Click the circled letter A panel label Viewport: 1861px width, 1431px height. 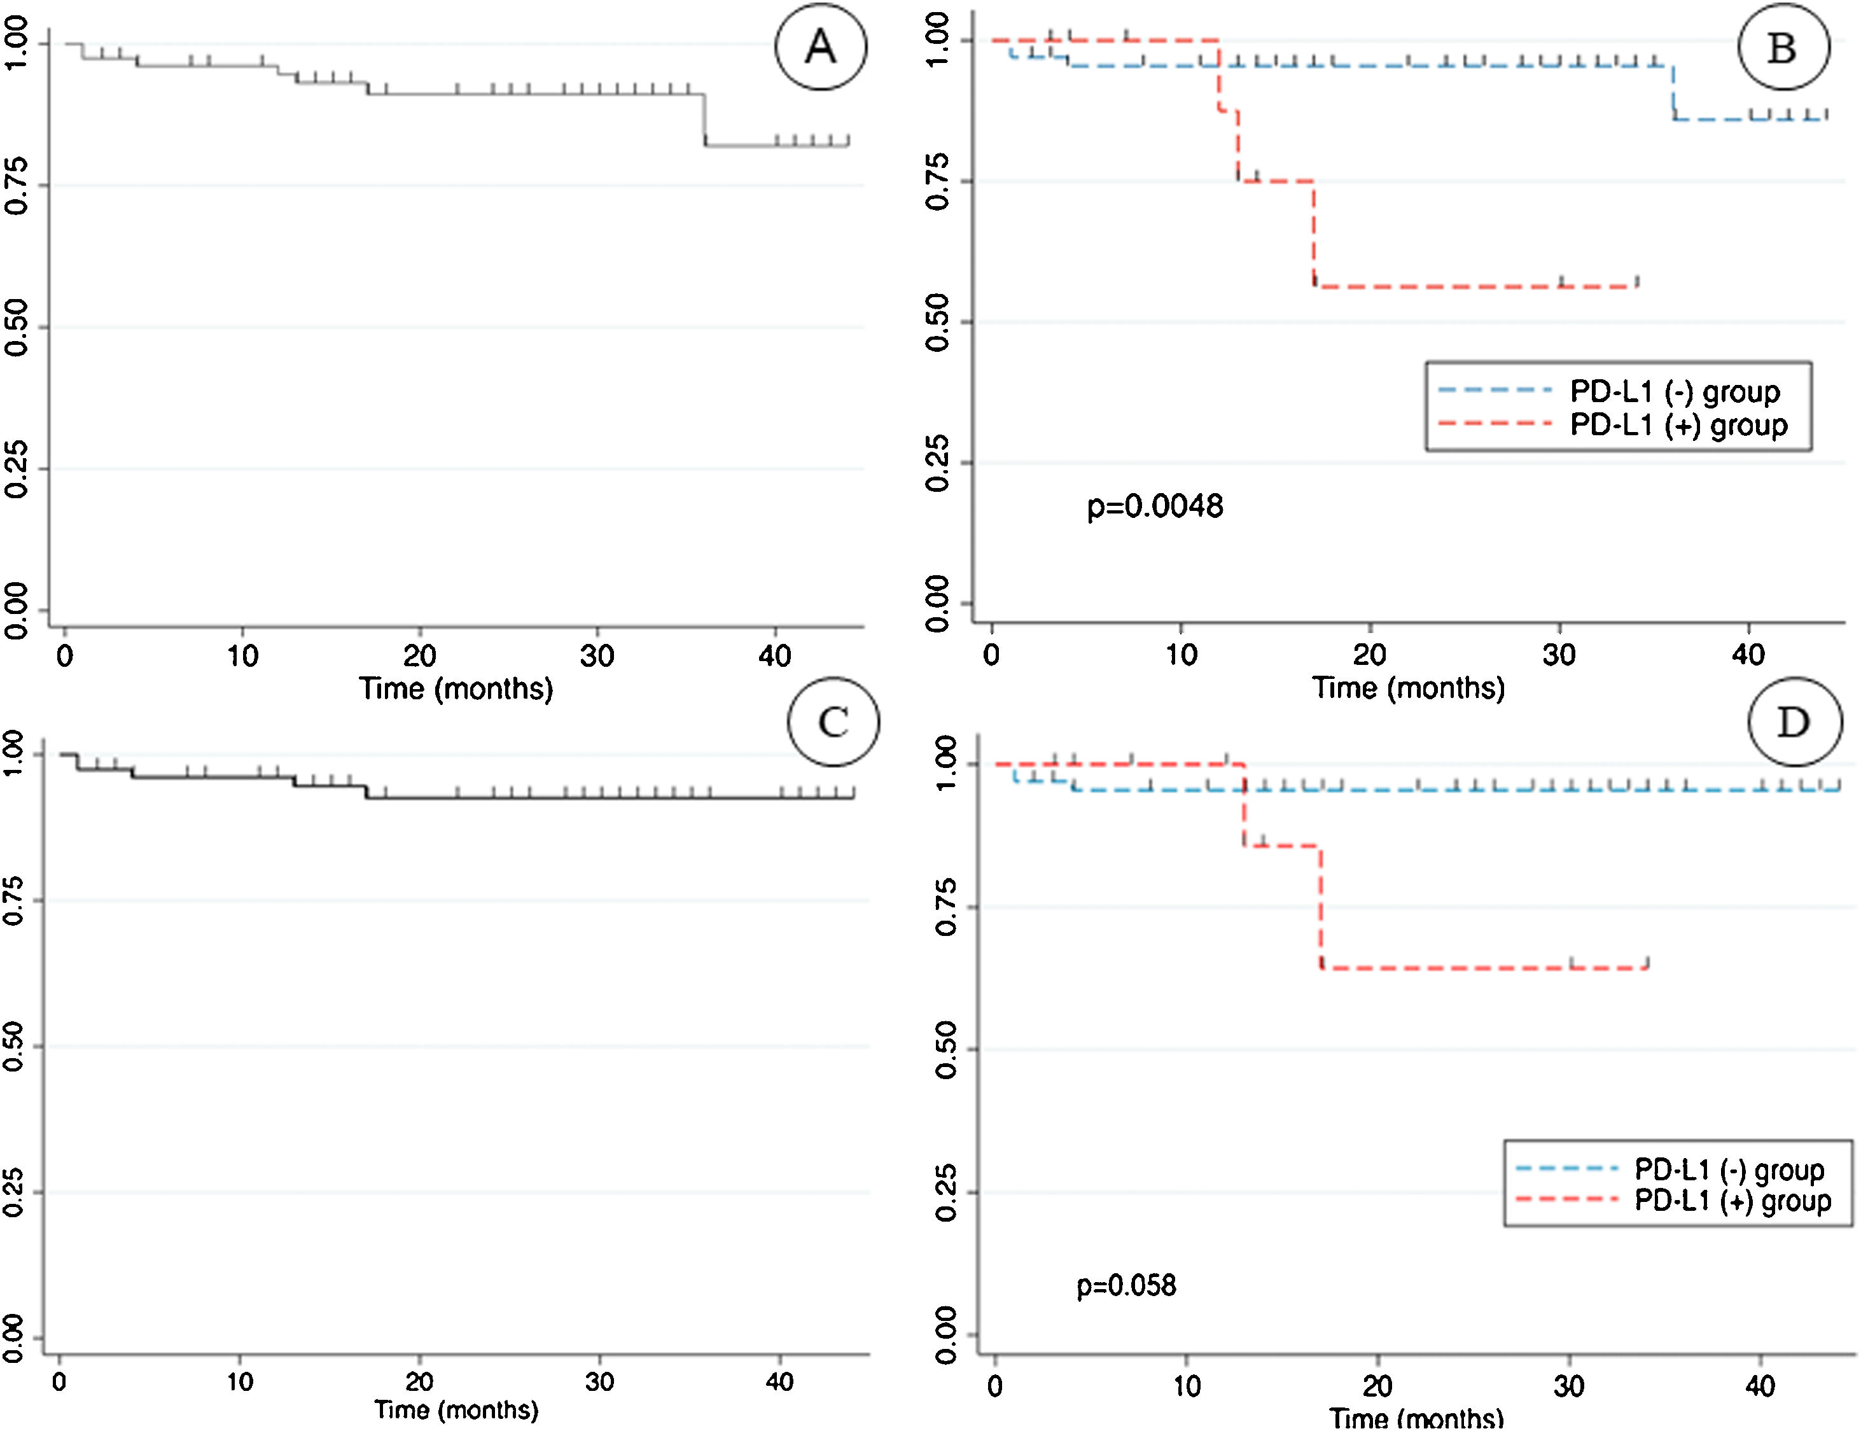click(820, 47)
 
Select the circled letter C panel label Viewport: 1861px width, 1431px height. click(832, 722)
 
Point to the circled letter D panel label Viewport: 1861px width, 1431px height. click(1793, 722)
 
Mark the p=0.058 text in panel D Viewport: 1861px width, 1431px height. click(1126, 1285)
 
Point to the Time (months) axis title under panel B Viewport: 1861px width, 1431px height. click(1408, 687)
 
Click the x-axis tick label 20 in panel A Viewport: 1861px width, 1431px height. click(419, 656)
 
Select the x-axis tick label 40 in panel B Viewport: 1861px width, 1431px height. click(1748, 654)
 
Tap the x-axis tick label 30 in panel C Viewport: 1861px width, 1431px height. click(599, 1381)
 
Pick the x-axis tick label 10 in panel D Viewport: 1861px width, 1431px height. click(1187, 1386)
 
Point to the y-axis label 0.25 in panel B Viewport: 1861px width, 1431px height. click(937, 463)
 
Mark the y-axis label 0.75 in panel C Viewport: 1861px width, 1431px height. click(13, 901)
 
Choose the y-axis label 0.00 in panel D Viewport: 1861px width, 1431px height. click(945, 1336)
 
